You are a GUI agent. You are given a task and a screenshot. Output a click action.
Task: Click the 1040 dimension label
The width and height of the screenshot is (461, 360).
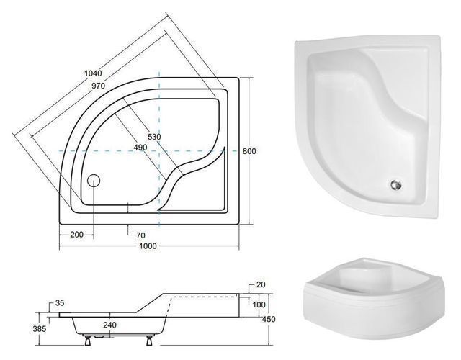coord(93,73)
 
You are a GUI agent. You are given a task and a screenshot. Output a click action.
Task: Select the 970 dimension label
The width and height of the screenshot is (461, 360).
coord(98,86)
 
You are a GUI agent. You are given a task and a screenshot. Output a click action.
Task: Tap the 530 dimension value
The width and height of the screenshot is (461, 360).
coord(154,137)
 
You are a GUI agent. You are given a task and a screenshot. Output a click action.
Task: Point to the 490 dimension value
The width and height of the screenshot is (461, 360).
coord(140,147)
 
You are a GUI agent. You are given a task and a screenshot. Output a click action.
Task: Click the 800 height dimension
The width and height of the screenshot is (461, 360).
coord(249,151)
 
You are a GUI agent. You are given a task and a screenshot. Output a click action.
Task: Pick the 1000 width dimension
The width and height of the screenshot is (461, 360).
coord(148,246)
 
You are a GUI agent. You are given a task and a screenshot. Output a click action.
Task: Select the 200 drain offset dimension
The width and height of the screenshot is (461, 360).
coord(77,235)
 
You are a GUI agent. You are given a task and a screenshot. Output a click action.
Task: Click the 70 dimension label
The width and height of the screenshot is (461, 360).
coord(141,235)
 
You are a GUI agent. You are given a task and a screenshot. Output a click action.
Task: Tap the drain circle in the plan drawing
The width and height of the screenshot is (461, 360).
coord(94,181)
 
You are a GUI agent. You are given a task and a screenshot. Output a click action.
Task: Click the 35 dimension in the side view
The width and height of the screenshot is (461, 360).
coord(60,303)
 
